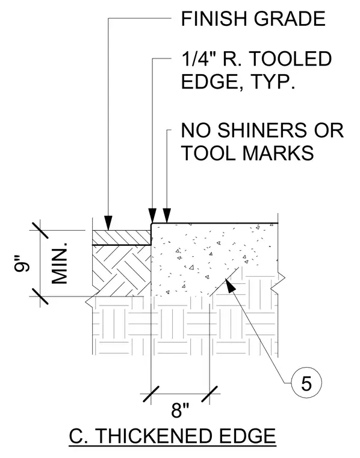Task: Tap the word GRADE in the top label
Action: point(290,19)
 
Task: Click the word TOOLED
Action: point(291,58)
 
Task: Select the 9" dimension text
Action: point(22,264)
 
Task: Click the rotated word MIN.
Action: point(60,263)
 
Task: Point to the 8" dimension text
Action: point(180,410)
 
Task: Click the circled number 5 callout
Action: point(306,383)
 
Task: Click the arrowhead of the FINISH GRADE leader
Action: point(108,223)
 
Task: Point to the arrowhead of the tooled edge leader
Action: point(152,216)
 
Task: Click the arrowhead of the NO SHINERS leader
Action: point(167,216)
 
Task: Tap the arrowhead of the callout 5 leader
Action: point(230,286)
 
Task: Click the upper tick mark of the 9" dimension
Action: point(40,230)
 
